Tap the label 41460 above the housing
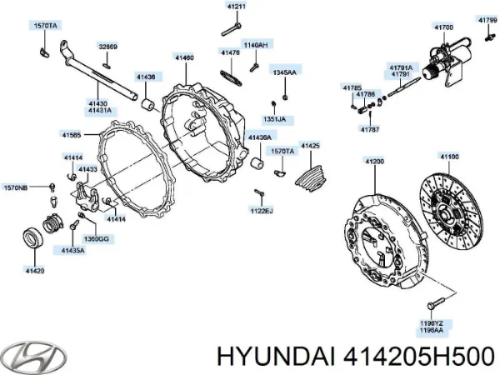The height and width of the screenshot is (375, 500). [184, 57]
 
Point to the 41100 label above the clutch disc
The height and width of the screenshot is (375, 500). [449, 157]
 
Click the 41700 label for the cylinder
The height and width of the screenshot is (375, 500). [444, 27]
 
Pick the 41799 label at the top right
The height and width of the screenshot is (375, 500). [487, 18]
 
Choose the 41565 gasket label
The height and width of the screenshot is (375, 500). [72, 134]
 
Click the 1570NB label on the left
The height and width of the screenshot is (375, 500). [14, 187]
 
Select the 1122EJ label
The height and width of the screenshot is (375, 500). [261, 211]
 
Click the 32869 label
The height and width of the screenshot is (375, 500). [108, 47]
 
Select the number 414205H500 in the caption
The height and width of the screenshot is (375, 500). [417, 355]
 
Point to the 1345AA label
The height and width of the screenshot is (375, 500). [284, 72]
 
